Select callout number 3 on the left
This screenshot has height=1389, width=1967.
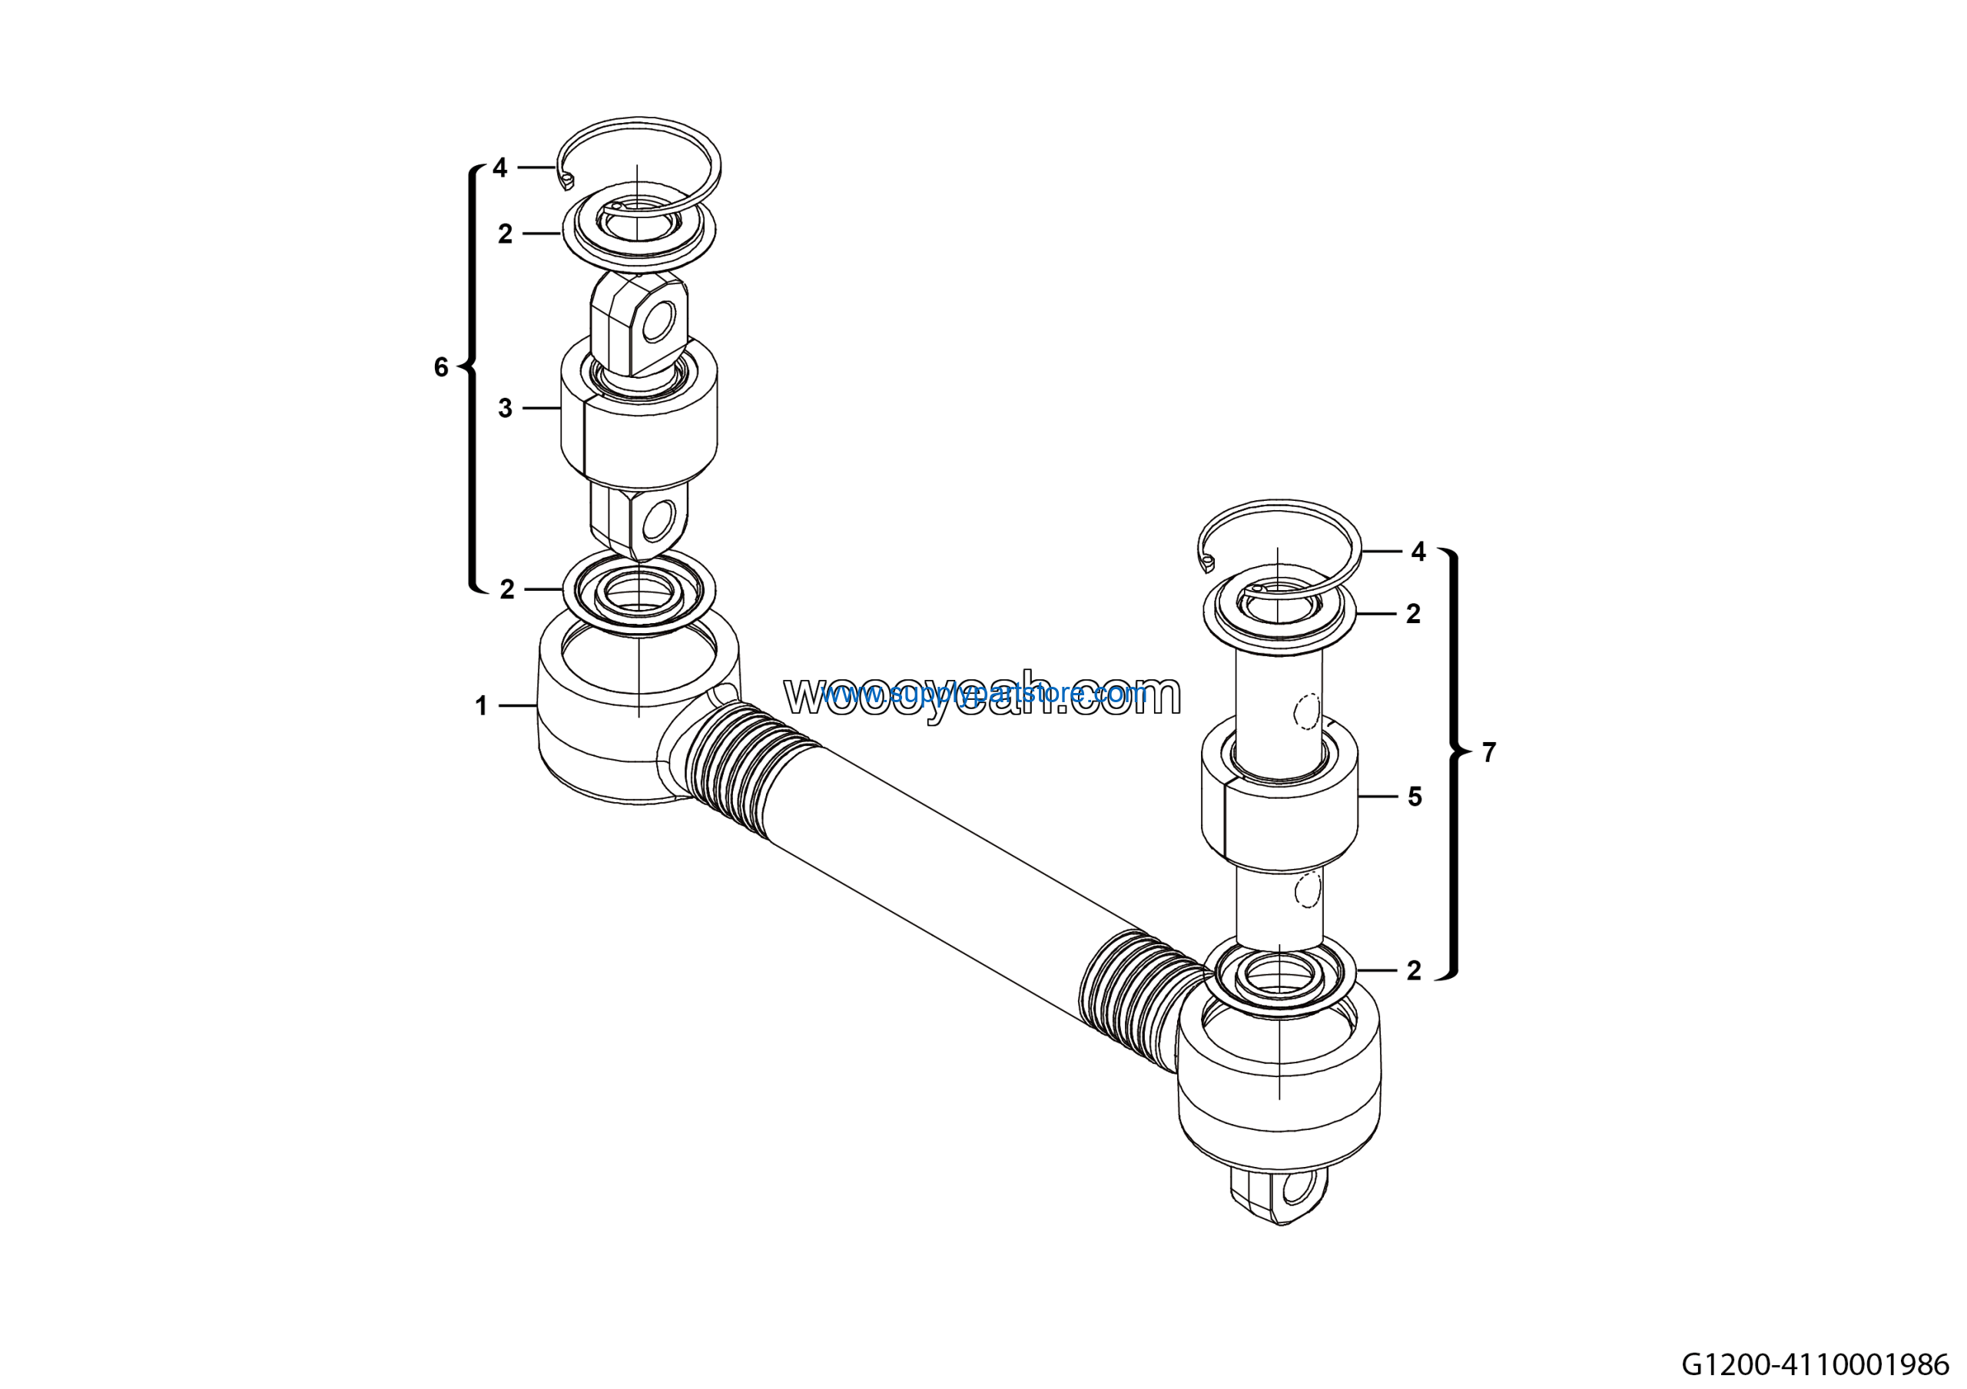(506, 409)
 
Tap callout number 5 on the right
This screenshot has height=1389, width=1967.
(1415, 797)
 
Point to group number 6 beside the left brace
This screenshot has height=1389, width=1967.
(441, 367)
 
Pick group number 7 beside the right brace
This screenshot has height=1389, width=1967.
(1489, 753)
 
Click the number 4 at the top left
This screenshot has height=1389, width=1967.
(500, 167)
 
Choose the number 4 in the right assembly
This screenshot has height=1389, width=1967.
(1418, 552)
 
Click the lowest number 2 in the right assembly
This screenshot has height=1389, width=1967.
(1414, 970)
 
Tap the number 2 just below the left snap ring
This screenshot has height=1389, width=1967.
(506, 234)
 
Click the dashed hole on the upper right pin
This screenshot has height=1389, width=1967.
(1307, 711)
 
